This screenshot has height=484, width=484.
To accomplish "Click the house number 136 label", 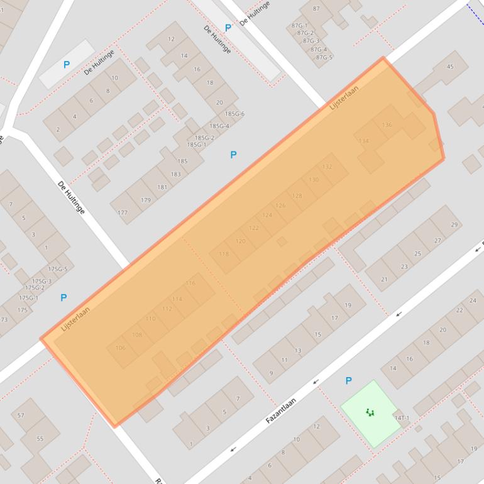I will pyautogui.click(x=387, y=125).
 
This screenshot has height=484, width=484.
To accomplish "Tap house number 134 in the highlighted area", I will pyautogui.click(x=363, y=141).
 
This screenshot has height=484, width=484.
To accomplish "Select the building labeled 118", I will pyautogui.click(x=224, y=254).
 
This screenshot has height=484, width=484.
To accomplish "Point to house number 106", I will pyautogui.click(x=121, y=348).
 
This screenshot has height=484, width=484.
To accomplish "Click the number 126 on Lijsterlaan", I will pyautogui.click(x=280, y=206).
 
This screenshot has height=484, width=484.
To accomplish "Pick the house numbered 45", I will pyautogui.click(x=449, y=67).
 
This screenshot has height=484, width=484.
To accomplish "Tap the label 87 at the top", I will pyautogui.click(x=316, y=9).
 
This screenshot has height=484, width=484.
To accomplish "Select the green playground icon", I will pyautogui.click(x=370, y=412).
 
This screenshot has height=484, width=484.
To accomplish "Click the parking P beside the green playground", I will pyautogui.click(x=348, y=381).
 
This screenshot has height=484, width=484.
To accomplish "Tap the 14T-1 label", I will pyautogui.click(x=402, y=417).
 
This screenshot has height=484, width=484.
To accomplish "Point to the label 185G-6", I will pyautogui.click(x=234, y=114).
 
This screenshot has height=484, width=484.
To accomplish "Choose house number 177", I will pyautogui.click(x=123, y=213).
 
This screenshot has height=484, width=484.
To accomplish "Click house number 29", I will pyautogui.click(x=454, y=225).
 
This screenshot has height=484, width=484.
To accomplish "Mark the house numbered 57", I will pyautogui.click(x=21, y=415).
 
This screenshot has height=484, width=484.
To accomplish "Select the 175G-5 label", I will pyautogui.click(x=57, y=269).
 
